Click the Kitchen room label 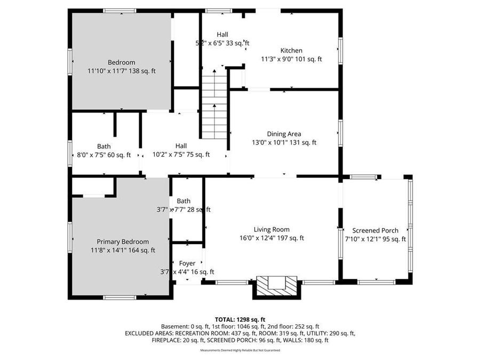point(291,51)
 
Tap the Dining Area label point(284,134)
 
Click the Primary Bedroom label point(122,242)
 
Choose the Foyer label point(187,263)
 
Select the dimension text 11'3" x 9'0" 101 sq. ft point(291,59)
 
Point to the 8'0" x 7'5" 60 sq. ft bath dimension point(104,155)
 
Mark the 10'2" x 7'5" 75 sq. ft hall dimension point(181,155)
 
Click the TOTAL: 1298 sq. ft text point(239,319)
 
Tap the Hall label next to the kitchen point(222,34)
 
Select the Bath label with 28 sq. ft point(183,201)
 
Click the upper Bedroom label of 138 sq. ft point(122,62)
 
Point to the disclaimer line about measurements point(239,350)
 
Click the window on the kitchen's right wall point(340,51)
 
